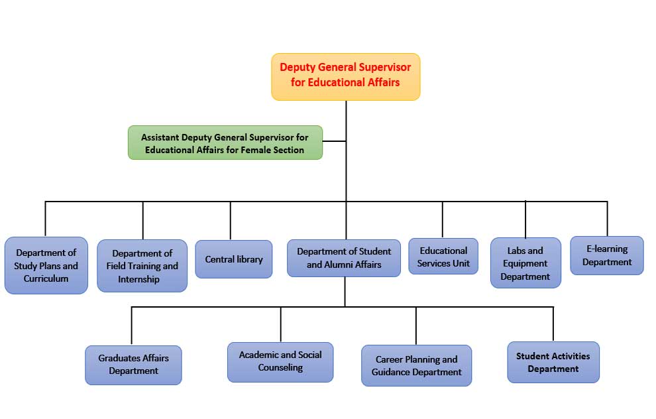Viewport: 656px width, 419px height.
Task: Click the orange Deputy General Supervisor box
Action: (345, 76)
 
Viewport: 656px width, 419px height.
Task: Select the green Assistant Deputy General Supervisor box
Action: (225, 143)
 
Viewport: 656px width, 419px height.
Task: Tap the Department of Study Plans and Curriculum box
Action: (46, 265)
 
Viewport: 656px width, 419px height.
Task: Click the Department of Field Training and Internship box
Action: (142, 266)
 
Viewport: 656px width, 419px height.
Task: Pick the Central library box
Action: (233, 259)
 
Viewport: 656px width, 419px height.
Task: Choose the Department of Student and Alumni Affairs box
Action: (344, 258)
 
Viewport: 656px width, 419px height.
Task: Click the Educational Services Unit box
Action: (443, 257)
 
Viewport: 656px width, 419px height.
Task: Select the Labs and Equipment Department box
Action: (525, 263)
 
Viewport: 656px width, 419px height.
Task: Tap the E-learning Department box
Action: (607, 255)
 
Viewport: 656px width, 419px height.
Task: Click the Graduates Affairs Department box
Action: (133, 365)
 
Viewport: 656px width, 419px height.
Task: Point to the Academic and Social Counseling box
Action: (280, 361)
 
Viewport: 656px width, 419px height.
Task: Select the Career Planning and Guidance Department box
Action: (416, 365)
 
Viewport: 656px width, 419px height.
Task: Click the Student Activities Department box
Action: (553, 362)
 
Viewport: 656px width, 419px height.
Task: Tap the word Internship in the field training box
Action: (139, 279)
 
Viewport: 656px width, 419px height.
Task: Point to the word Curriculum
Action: (46, 278)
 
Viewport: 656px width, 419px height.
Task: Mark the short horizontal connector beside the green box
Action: (334, 141)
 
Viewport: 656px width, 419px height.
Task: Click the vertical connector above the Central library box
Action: (231, 220)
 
